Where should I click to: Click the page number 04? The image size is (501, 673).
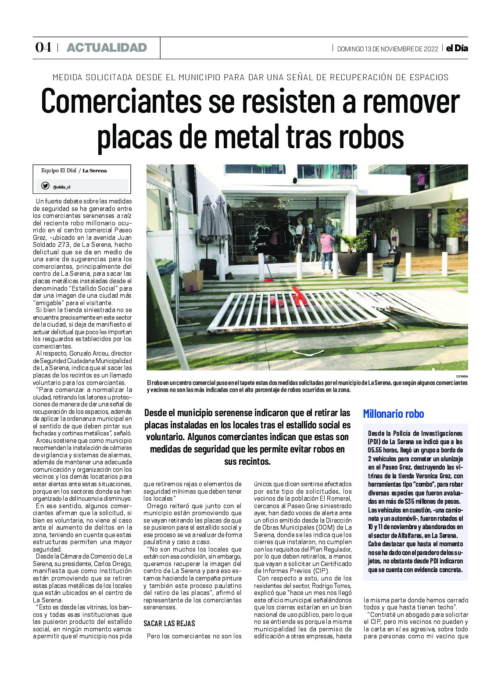(x=43, y=47)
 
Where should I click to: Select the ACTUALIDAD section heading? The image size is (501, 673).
(x=107, y=48)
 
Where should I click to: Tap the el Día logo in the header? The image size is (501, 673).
(x=457, y=48)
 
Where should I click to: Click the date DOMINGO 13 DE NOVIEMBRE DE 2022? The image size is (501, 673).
(x=387, y=49)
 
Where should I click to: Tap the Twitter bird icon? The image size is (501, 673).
(x=45, y=186)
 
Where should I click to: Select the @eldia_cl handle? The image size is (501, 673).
(x=61, y=187)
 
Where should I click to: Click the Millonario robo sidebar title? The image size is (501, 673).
(x=394, y=414)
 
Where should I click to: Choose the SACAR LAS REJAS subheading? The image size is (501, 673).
(x=169, y=623)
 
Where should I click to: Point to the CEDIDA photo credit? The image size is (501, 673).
(x=462, y=377)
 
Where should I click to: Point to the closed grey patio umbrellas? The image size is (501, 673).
(x=215, y=219)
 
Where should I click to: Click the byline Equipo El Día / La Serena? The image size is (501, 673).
(x=74, y=171)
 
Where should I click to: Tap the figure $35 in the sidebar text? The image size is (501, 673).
(x=410, y=502)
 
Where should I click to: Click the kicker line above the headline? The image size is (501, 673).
(x=250, y=78)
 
